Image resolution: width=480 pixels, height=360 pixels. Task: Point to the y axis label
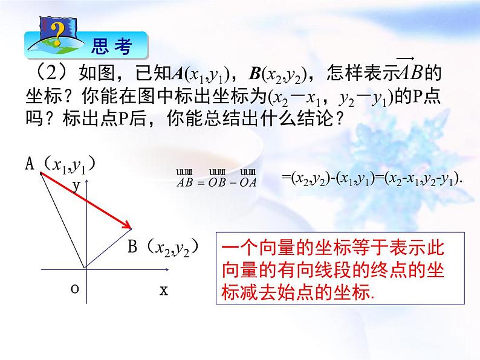click(77, 186)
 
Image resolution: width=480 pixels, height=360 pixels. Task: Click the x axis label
click(163, 290)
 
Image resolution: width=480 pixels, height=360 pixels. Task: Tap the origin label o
click(74, 289)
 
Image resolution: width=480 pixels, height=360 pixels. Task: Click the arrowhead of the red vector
click(128, 227)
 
